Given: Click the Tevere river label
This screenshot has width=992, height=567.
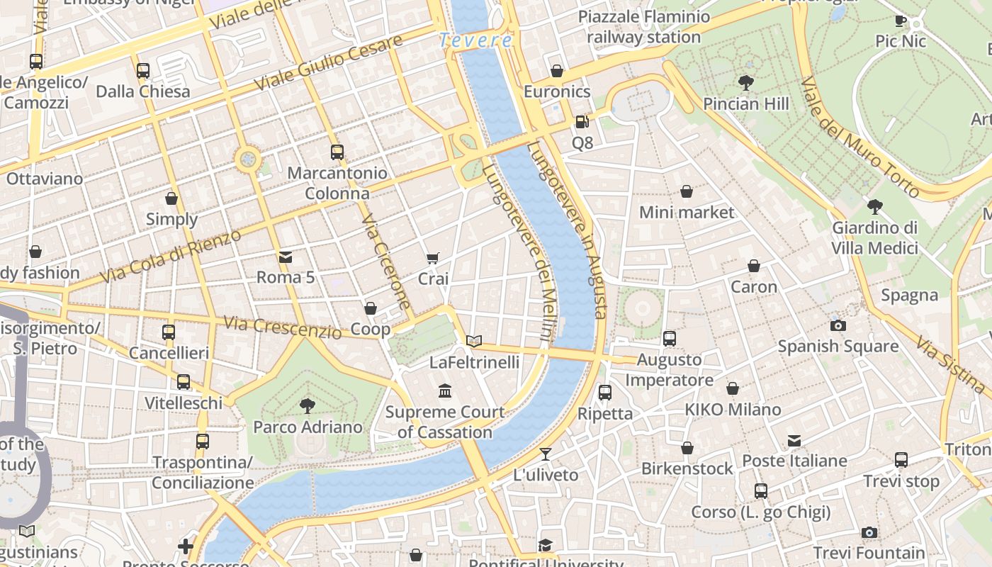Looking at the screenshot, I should [x=475, y=40].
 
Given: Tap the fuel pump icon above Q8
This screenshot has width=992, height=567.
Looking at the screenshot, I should [x=581, y=122].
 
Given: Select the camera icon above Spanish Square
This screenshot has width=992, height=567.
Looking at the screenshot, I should [x=838, y=325].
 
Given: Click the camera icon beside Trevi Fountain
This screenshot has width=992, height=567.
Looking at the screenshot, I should [x=869, y=532].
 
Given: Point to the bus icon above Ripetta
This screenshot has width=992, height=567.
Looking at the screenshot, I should [x=604, y=392].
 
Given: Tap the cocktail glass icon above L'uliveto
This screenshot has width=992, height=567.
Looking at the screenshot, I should [x=545, y=454].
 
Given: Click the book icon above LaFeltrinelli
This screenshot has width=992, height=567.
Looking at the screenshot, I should [x=474, y=341].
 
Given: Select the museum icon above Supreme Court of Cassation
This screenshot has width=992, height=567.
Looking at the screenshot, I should [x=445, y=391].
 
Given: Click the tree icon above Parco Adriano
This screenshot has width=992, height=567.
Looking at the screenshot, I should [x=308, y=406].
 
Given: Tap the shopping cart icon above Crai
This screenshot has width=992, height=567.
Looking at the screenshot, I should [x=432, y=258].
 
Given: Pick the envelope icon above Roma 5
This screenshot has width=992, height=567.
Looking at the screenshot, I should [x=285, y=257].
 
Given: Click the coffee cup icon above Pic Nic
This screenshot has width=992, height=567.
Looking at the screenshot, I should [x=901, y=21].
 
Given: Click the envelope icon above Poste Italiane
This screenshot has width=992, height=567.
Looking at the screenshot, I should [x=794, y=441].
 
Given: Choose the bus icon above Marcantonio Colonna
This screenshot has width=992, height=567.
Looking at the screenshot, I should [x=337, y=152].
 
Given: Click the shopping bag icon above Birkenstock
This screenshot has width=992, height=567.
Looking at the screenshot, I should [x=687, y=448].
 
